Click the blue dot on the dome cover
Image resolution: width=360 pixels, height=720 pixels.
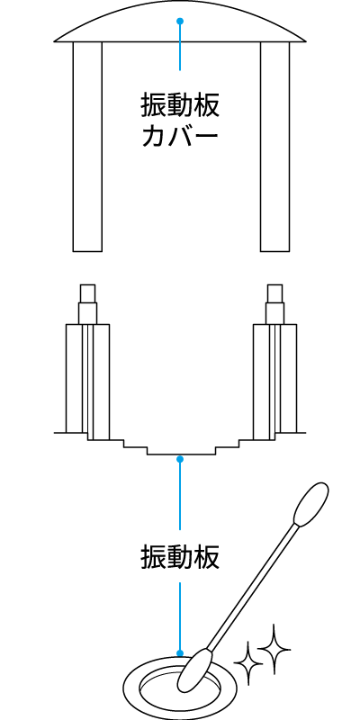point(180,21)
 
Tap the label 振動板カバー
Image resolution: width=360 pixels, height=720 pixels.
point(180,121)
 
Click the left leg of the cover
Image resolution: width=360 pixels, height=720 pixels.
point(87,147)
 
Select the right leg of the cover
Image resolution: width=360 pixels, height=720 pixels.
point(275,147)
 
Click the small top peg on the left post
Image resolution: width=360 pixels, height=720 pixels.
point(87,293)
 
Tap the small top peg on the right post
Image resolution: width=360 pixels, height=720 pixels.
point(275,293)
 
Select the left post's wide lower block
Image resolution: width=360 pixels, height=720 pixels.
point(87,379)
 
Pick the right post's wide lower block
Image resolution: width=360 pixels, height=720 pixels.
point(275,379)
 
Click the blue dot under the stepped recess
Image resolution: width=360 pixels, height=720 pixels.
point(180,459)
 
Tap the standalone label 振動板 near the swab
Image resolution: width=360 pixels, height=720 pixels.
point(180,557)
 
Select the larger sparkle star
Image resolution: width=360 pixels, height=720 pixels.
point(274,649)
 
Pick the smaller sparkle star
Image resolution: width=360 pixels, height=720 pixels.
point(248,663)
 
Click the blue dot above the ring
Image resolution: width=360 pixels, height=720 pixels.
point(180,653)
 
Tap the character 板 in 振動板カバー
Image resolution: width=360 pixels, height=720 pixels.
point(207,106)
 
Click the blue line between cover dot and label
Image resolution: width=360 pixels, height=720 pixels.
point(180,46)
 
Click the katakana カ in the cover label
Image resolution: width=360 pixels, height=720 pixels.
point(153,136)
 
